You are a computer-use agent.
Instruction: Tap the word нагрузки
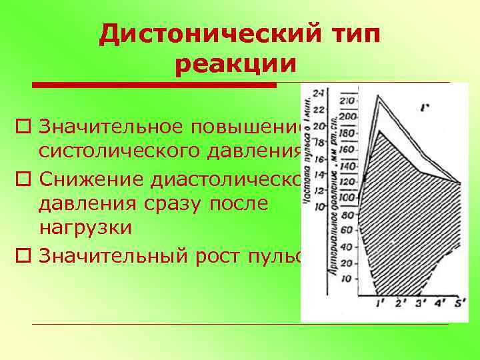click(85, 227)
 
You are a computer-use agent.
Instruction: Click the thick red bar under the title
click(154, 85)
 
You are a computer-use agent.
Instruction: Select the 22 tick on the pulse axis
click(320, 110)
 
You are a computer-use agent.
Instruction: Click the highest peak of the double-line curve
click(379, 97)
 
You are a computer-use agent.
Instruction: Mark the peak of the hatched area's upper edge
click(379, 131)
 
